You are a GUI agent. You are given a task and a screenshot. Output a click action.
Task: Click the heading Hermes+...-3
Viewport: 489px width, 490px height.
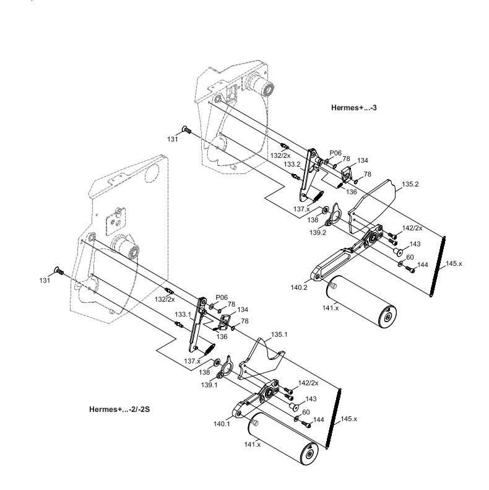click(354, 107)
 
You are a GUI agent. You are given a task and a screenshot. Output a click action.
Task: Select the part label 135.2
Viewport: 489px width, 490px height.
click(410, 184)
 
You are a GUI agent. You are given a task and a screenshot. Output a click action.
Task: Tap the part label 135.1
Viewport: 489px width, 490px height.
click(279, 334)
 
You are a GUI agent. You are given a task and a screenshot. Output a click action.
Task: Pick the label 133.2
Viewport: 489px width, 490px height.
click(292, 164)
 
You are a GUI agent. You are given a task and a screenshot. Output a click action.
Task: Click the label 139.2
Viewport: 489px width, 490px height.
click(318, 232)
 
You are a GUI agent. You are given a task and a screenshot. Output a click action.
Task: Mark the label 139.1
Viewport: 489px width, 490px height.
click(208, 384)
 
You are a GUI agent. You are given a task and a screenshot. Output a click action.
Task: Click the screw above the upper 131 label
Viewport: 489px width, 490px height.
click(184, 129)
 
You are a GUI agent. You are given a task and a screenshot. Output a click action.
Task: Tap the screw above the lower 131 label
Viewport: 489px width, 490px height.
click(59, 269)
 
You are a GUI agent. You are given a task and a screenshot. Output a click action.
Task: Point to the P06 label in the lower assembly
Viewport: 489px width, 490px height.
click(222, 297)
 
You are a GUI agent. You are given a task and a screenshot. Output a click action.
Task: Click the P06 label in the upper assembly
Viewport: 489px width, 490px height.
click(335, 152)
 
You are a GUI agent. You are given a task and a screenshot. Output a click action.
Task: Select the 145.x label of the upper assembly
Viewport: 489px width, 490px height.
click(453, 264)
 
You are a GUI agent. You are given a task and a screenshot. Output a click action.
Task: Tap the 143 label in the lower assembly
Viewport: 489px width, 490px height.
click(311, 399)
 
